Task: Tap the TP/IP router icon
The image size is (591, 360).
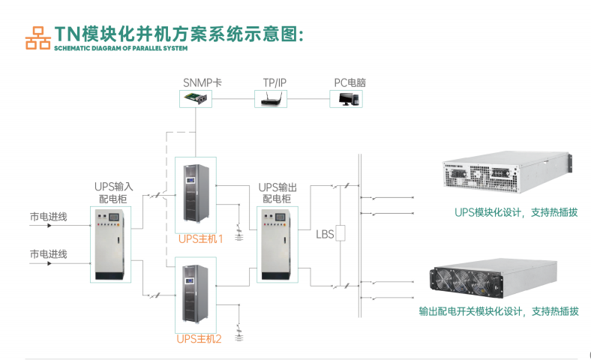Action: tap(270, 98)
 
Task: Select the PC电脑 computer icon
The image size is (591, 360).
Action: tap(347, 98)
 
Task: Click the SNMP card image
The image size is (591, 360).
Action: tap(197, 98)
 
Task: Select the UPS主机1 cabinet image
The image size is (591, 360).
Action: tap(195, 195)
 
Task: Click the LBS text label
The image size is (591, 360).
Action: tap(325, 235)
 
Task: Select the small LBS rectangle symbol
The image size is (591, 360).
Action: tap(341, 233)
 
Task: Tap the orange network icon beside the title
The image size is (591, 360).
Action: tap(37, 37)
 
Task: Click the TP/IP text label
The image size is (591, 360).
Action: tap(274, 82)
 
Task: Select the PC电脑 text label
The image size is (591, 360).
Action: tap(349, 82)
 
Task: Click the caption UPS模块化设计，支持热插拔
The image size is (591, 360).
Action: tap(516, 212)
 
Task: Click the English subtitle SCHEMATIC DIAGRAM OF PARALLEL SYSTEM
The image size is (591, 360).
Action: tap(119, 48)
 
